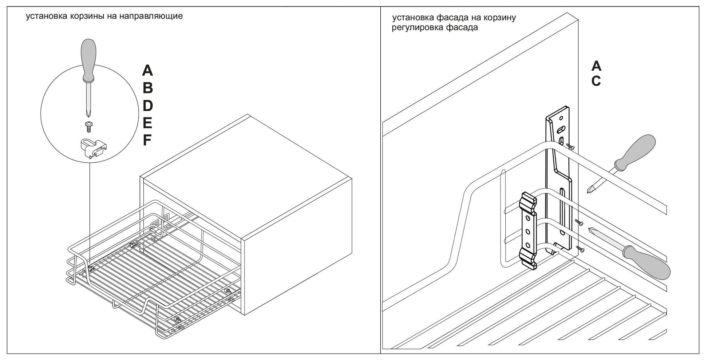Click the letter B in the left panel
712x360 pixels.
(x=148, y=88)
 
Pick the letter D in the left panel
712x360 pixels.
(x=148, y=106)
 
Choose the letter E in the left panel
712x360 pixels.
(x=147, y=123)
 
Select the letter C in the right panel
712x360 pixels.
(x=596, y=81)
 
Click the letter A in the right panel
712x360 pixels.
(x=596, y=65)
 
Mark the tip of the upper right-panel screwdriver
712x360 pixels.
(x=588, y=192)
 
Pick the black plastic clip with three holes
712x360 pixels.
(x=528, y=231)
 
